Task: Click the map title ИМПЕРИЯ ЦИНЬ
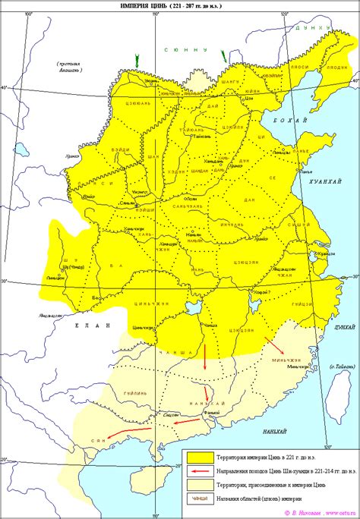[x=181, y=6]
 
